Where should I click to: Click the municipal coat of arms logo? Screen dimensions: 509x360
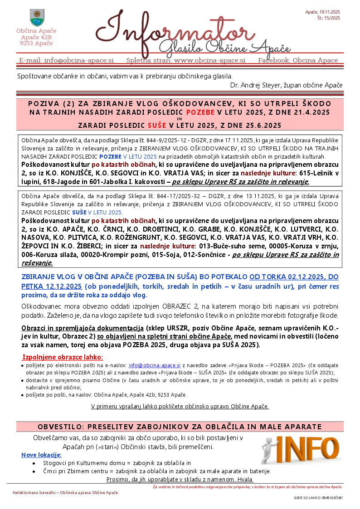click(37, 18)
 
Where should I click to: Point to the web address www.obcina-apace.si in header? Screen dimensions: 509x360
click(209, 60)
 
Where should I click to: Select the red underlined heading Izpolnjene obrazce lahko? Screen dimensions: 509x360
click(63, 357)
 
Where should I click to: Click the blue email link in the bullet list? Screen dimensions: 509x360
click(155, 364)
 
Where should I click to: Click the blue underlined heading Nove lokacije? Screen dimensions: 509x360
click(41, 455)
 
